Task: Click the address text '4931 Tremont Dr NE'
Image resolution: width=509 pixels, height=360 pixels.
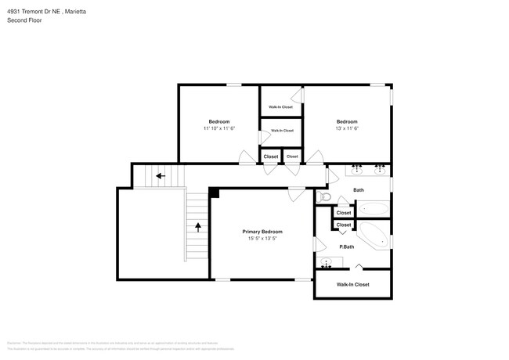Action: (32, 12)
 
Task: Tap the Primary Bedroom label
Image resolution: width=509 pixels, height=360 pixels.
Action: (262, 232)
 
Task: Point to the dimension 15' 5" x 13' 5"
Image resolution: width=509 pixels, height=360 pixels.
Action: (262, 239)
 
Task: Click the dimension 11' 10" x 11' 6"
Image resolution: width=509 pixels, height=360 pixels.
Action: (219, 128)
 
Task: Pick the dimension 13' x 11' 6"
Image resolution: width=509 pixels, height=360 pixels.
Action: (347, 128)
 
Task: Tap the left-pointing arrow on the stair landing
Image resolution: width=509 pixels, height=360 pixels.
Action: (160, 176)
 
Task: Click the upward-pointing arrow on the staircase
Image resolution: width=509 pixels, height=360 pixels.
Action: (197, 227)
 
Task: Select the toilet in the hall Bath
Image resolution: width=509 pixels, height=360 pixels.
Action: (328, 196)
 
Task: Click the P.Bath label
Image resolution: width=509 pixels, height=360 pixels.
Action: (346, 247)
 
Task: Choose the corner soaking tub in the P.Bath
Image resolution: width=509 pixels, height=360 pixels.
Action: (373, 235)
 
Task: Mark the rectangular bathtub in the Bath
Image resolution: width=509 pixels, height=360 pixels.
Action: (372, 210)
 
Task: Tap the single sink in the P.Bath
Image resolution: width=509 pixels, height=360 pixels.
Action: (327, 264)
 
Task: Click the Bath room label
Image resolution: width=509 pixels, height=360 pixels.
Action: (359, 190)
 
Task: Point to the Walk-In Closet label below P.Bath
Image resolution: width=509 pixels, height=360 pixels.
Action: (352, 285)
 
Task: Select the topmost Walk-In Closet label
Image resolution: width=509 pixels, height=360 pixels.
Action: (280, 107)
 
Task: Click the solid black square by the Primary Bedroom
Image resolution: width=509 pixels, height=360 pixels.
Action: (213, 193)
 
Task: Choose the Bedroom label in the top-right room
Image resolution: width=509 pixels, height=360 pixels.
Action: (347, 121)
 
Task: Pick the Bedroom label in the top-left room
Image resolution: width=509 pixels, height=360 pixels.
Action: (219, 121)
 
